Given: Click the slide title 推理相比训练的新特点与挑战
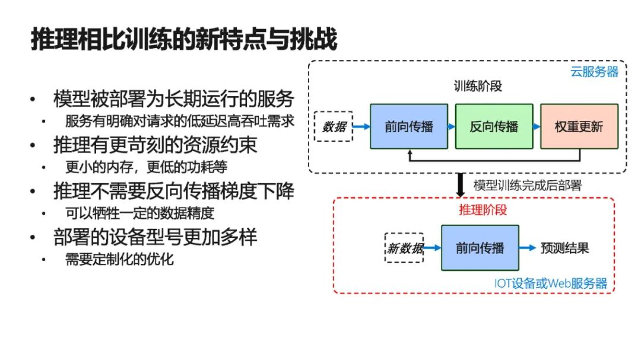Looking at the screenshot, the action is tap(184, 40).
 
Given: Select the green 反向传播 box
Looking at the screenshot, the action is tap(494, 126).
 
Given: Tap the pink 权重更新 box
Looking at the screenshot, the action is tap(579, 126).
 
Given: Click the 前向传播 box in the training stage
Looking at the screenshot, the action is tap(409, 126).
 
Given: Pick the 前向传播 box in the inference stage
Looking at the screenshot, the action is tap(480, 248).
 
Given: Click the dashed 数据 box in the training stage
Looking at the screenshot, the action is tap(334, 127).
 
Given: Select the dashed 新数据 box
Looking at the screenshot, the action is tap(404, 248).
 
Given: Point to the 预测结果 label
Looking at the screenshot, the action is tap(565, 248).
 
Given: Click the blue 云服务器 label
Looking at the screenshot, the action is tap(594, 72).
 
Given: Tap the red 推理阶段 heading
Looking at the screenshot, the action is tap(483, 210).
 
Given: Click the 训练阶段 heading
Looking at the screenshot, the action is tap(478, 86).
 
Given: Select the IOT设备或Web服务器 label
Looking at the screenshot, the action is tap(551, 283).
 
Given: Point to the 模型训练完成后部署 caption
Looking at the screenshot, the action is tap(528, 186).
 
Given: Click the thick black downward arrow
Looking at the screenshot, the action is tap(461, 185).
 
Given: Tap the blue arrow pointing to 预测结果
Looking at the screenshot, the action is tap(528, 248).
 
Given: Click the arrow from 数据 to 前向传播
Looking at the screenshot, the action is tap(361, 127).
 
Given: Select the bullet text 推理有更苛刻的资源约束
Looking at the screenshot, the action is tap(156, 145).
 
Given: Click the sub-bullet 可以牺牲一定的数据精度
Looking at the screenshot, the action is tap(140, 213).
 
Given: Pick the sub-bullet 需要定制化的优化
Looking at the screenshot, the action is tap(119, 259).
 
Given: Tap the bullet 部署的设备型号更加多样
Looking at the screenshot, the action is tap(156, 237).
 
